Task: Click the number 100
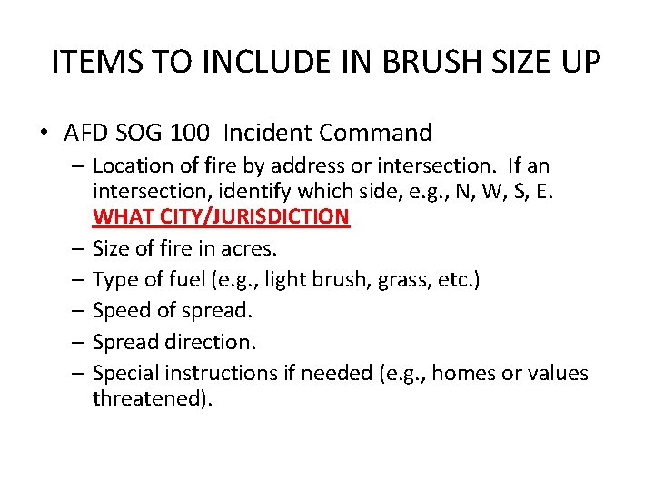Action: (187, 133)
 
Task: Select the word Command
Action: (381, 133)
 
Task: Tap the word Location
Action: (128, 166)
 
